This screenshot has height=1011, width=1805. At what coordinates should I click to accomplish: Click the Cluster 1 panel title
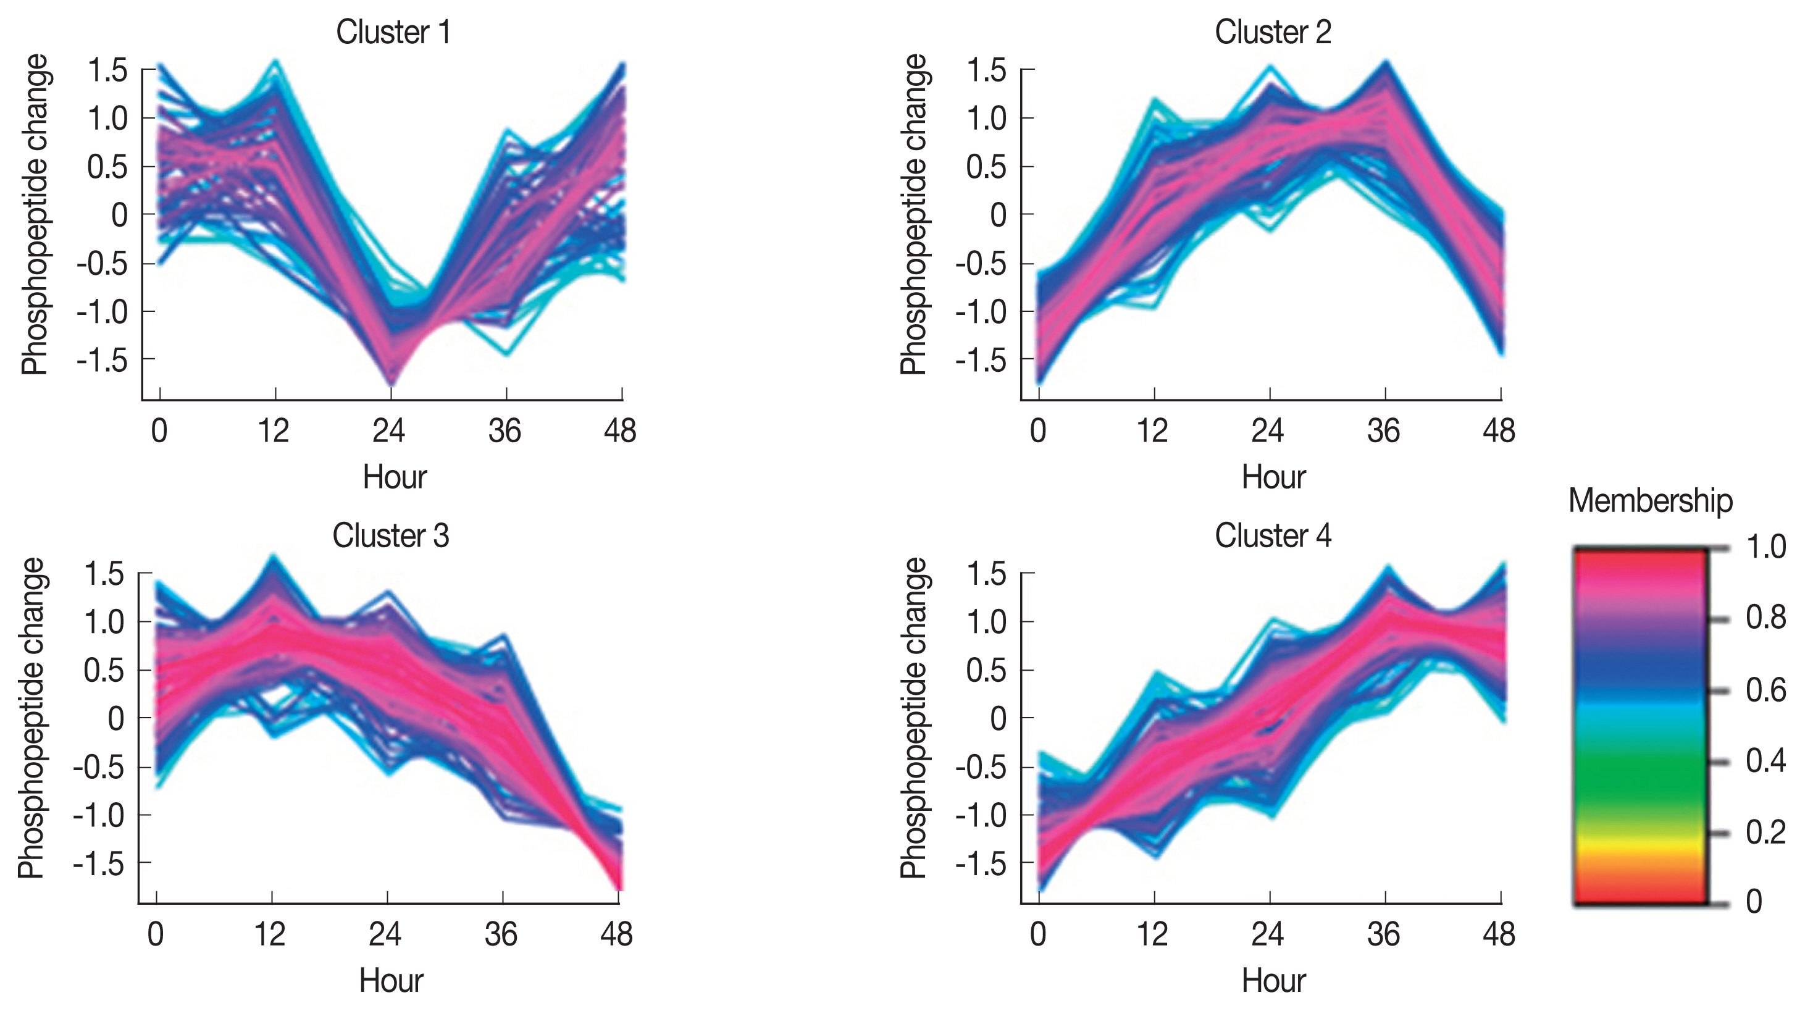393,32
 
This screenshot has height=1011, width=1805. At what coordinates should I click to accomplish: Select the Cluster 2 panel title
1273,32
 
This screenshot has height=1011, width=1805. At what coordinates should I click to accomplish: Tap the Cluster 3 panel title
390,536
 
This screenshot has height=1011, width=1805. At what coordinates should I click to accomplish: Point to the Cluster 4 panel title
1273,536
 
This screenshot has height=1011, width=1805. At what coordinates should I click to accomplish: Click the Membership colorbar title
1650,501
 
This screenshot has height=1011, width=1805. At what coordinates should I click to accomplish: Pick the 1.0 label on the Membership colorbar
1765,547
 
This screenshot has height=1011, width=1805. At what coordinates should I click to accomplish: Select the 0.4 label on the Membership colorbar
1765,760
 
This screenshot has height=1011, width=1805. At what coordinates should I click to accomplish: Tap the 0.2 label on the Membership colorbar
1765,833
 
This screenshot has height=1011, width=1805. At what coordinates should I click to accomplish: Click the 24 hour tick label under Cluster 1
388,431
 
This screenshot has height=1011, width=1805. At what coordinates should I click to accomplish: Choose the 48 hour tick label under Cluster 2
1499,431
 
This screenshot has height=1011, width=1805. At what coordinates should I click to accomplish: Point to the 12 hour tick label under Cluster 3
270,934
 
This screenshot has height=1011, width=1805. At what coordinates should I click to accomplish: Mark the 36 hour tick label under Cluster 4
1383,934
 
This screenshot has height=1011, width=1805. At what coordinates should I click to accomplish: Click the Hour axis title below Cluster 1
395,477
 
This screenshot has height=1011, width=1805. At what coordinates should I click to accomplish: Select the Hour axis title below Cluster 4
1273,981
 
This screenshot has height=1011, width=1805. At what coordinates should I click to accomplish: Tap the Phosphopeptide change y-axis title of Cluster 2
914,214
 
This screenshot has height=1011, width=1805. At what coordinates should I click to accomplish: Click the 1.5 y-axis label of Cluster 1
107,71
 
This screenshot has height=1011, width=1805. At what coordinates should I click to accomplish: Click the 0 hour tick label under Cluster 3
156,934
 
